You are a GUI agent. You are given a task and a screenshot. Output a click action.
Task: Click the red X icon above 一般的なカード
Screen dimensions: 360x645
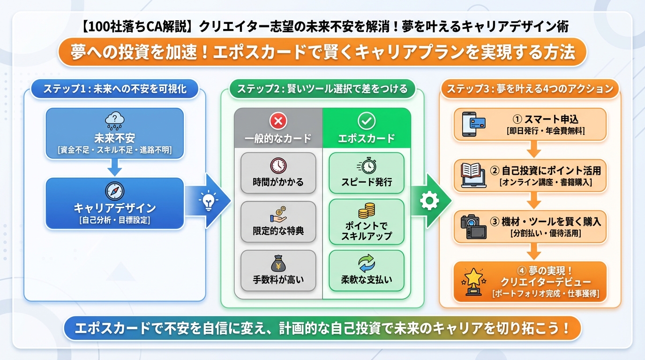[x=278, y=121]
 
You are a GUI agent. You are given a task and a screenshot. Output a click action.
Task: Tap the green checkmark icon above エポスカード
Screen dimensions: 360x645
[x=367, y=121]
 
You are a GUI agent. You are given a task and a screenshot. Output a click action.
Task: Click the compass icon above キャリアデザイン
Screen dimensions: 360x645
[x=114, y=192]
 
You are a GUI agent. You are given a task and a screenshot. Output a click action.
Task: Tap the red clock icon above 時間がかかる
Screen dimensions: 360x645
[x=278, y=165]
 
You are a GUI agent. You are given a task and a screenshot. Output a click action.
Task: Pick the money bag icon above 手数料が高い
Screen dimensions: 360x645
[x=278, y=263]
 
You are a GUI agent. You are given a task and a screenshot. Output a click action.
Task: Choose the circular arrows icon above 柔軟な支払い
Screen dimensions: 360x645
[x=367, y=263]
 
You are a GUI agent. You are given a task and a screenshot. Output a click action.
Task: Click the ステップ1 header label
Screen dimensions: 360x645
[x=114, y=89]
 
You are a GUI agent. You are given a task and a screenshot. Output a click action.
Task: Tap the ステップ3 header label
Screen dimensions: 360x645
[x=530, y=89]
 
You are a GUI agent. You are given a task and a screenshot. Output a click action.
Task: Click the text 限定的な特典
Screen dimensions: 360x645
[x=278, y=231]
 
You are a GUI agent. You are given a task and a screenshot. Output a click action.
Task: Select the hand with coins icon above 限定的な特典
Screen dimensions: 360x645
[x=278, y=214]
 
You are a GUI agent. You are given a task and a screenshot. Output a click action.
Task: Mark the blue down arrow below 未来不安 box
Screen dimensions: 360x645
[x=114, y=167]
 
